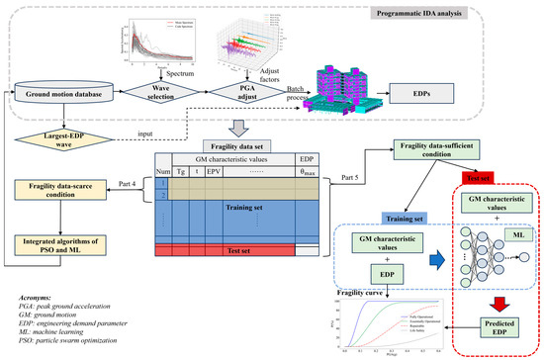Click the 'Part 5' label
pos(351,177)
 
